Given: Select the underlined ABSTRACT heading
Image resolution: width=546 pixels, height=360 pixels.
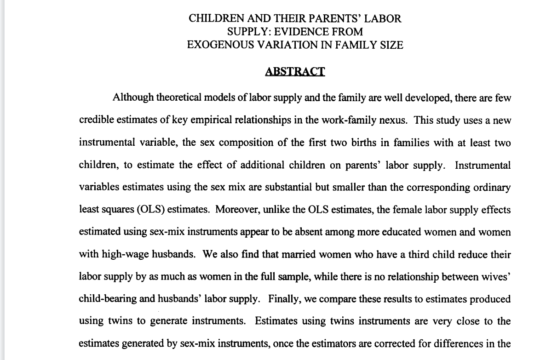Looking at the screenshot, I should tap(295, 72).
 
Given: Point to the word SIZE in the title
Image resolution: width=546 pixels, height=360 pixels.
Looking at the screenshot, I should tap(391, 45).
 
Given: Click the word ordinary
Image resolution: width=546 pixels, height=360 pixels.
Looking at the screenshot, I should tap(489, 187).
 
